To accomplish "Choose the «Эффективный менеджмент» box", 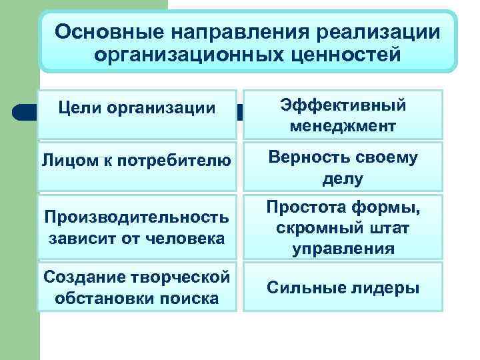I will pyautogui.click(x=343, y=115).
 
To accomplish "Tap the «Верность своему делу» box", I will pyautogui.click(x=343, y=167).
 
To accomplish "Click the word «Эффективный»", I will pyautogui.click(x=343, y=105).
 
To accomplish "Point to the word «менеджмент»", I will pyautogui.click(x=343, y=125).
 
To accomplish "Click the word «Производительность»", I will pyautogui.click(x=137, y=218).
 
